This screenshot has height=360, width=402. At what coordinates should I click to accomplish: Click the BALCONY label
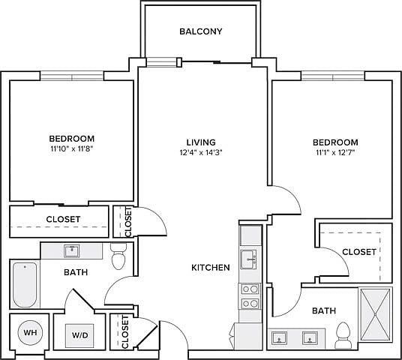201,31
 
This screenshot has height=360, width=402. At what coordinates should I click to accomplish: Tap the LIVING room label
201,142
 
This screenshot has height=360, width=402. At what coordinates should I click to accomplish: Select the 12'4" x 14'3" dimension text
201,153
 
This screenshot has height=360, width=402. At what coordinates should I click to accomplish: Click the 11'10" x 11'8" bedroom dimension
71,149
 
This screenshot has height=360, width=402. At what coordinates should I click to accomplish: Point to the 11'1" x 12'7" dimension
335,153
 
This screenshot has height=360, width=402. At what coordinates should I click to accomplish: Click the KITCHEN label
211,268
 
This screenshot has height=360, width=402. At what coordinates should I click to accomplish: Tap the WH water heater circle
30,333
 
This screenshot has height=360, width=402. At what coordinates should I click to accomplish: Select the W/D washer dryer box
79,336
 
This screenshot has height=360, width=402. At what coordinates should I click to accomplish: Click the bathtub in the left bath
25,284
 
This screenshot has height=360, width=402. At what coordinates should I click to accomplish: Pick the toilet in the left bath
118,256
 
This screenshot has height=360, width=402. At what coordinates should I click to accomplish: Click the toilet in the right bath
343,336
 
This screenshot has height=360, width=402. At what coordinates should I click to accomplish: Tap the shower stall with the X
376,314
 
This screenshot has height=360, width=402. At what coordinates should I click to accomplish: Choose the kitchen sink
248,259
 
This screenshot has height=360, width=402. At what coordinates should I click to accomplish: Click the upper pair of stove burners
250,289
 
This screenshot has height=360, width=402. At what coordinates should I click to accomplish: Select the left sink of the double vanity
279,337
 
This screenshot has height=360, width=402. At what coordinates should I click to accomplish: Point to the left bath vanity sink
72,251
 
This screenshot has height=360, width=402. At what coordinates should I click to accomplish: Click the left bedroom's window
72,76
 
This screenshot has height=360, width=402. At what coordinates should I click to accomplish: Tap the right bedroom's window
333,76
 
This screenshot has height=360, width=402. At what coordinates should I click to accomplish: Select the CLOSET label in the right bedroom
359,252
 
